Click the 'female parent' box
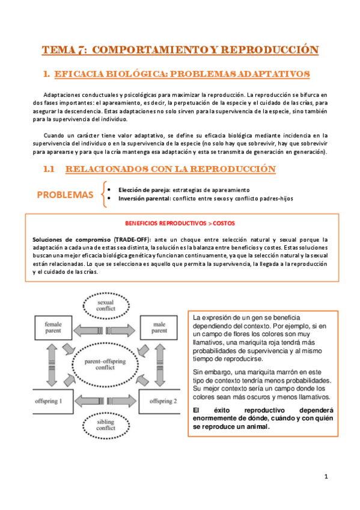click(x=53, y=328)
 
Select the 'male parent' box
click(x=159, y=328)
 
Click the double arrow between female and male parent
click(x=106, y=330)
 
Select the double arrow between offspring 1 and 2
click(x=106, y=400)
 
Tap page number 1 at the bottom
click(x=325, y=476)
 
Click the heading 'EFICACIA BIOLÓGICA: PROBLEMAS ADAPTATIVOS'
click(x=182, y=74)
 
